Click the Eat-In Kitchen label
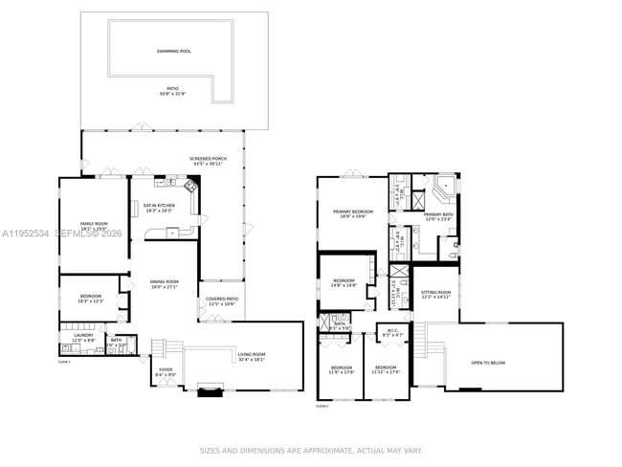159,207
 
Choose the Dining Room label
165,284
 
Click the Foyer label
166,371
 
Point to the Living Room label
252,357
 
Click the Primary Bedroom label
353,213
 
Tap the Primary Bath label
439,217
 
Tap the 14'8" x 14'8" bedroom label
344,282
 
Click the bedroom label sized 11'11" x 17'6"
386,370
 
